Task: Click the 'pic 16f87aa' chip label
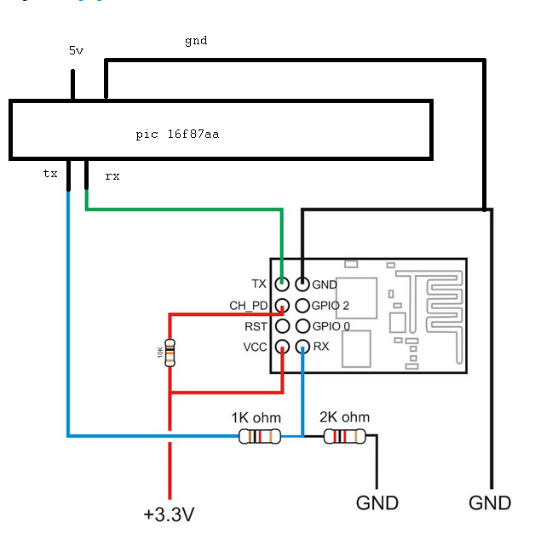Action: pyautogui.click(x=177, y=135)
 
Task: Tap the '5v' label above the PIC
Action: pyautogui.click(x=77, y=50)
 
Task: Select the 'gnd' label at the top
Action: pyautogui.click(x=196, y=40)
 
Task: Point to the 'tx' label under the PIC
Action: pyautogui.click(x=50, y=173)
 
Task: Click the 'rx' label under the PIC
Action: pyautogui.click(x=112, y=176)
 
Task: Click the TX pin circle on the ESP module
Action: pyautogui.click(x=281, y=284)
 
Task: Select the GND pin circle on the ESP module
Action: pyautogui.click(x=302, y=284)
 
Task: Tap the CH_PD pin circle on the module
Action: pyautogui.click(x=281, y=305)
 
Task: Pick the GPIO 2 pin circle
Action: pyautogui.click(x=302, y=305)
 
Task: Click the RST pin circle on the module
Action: pyautogui.click(x=281, y=326)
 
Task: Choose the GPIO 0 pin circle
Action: pyautogui.click(x=302, y=326)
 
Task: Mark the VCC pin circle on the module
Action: pyautogui.click(x=281, y=347)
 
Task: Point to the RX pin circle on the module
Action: pyautogui.click(x=302, y=347)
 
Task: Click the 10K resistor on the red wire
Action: pyautogui.click(x=170, y=353)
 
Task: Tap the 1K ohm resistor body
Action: pyautogui.click(x=258, y=437)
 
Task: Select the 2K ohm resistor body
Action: pyautogui.click(x=344, y=437)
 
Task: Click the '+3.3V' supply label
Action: pyautogui.click(x=170, y=515)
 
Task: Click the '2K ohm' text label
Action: pyautogui.click(x=344, y=417)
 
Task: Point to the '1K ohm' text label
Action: pyautogui.click(x=256, y=418)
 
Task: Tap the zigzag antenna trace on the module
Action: pyautogui.click(x=435, y=307)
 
